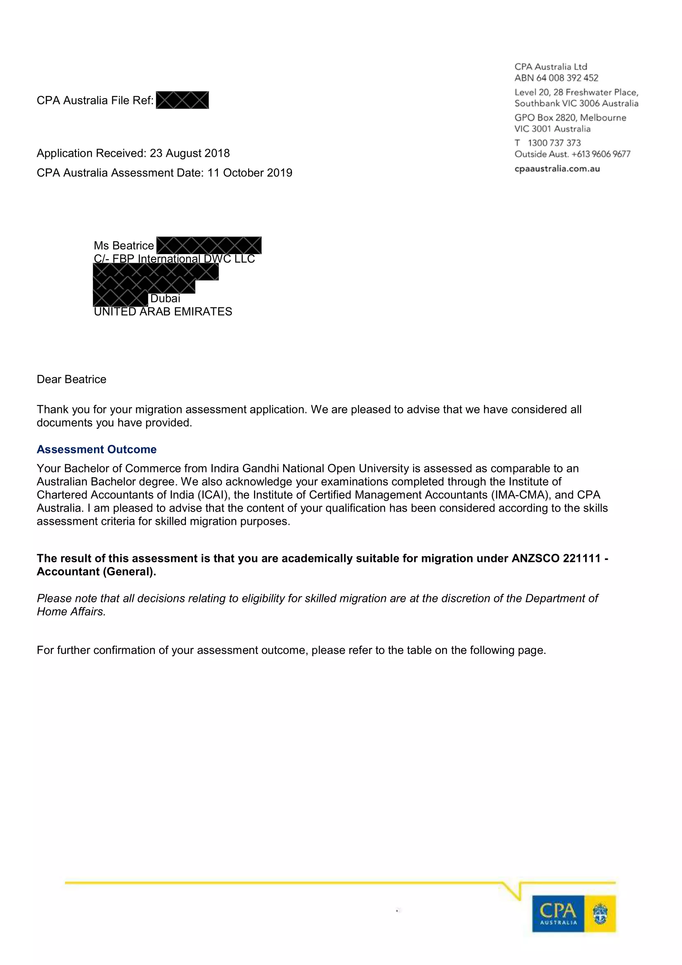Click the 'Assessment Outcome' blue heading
click(96, 449)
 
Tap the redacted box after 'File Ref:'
click(182, 100)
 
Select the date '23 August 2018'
click(189, 153)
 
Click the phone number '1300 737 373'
click(554, 143)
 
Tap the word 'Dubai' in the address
click(165, 298)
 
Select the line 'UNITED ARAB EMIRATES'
click(163, 311)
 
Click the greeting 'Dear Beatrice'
click(71, 379)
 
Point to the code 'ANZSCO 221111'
click(556, 558)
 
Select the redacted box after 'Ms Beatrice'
click(209, 245)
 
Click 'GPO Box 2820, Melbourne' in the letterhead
click(570, 118)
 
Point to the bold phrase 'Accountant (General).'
click(96, 571)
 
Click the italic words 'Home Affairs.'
click(71, 611)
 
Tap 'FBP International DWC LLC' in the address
click(183, 259)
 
